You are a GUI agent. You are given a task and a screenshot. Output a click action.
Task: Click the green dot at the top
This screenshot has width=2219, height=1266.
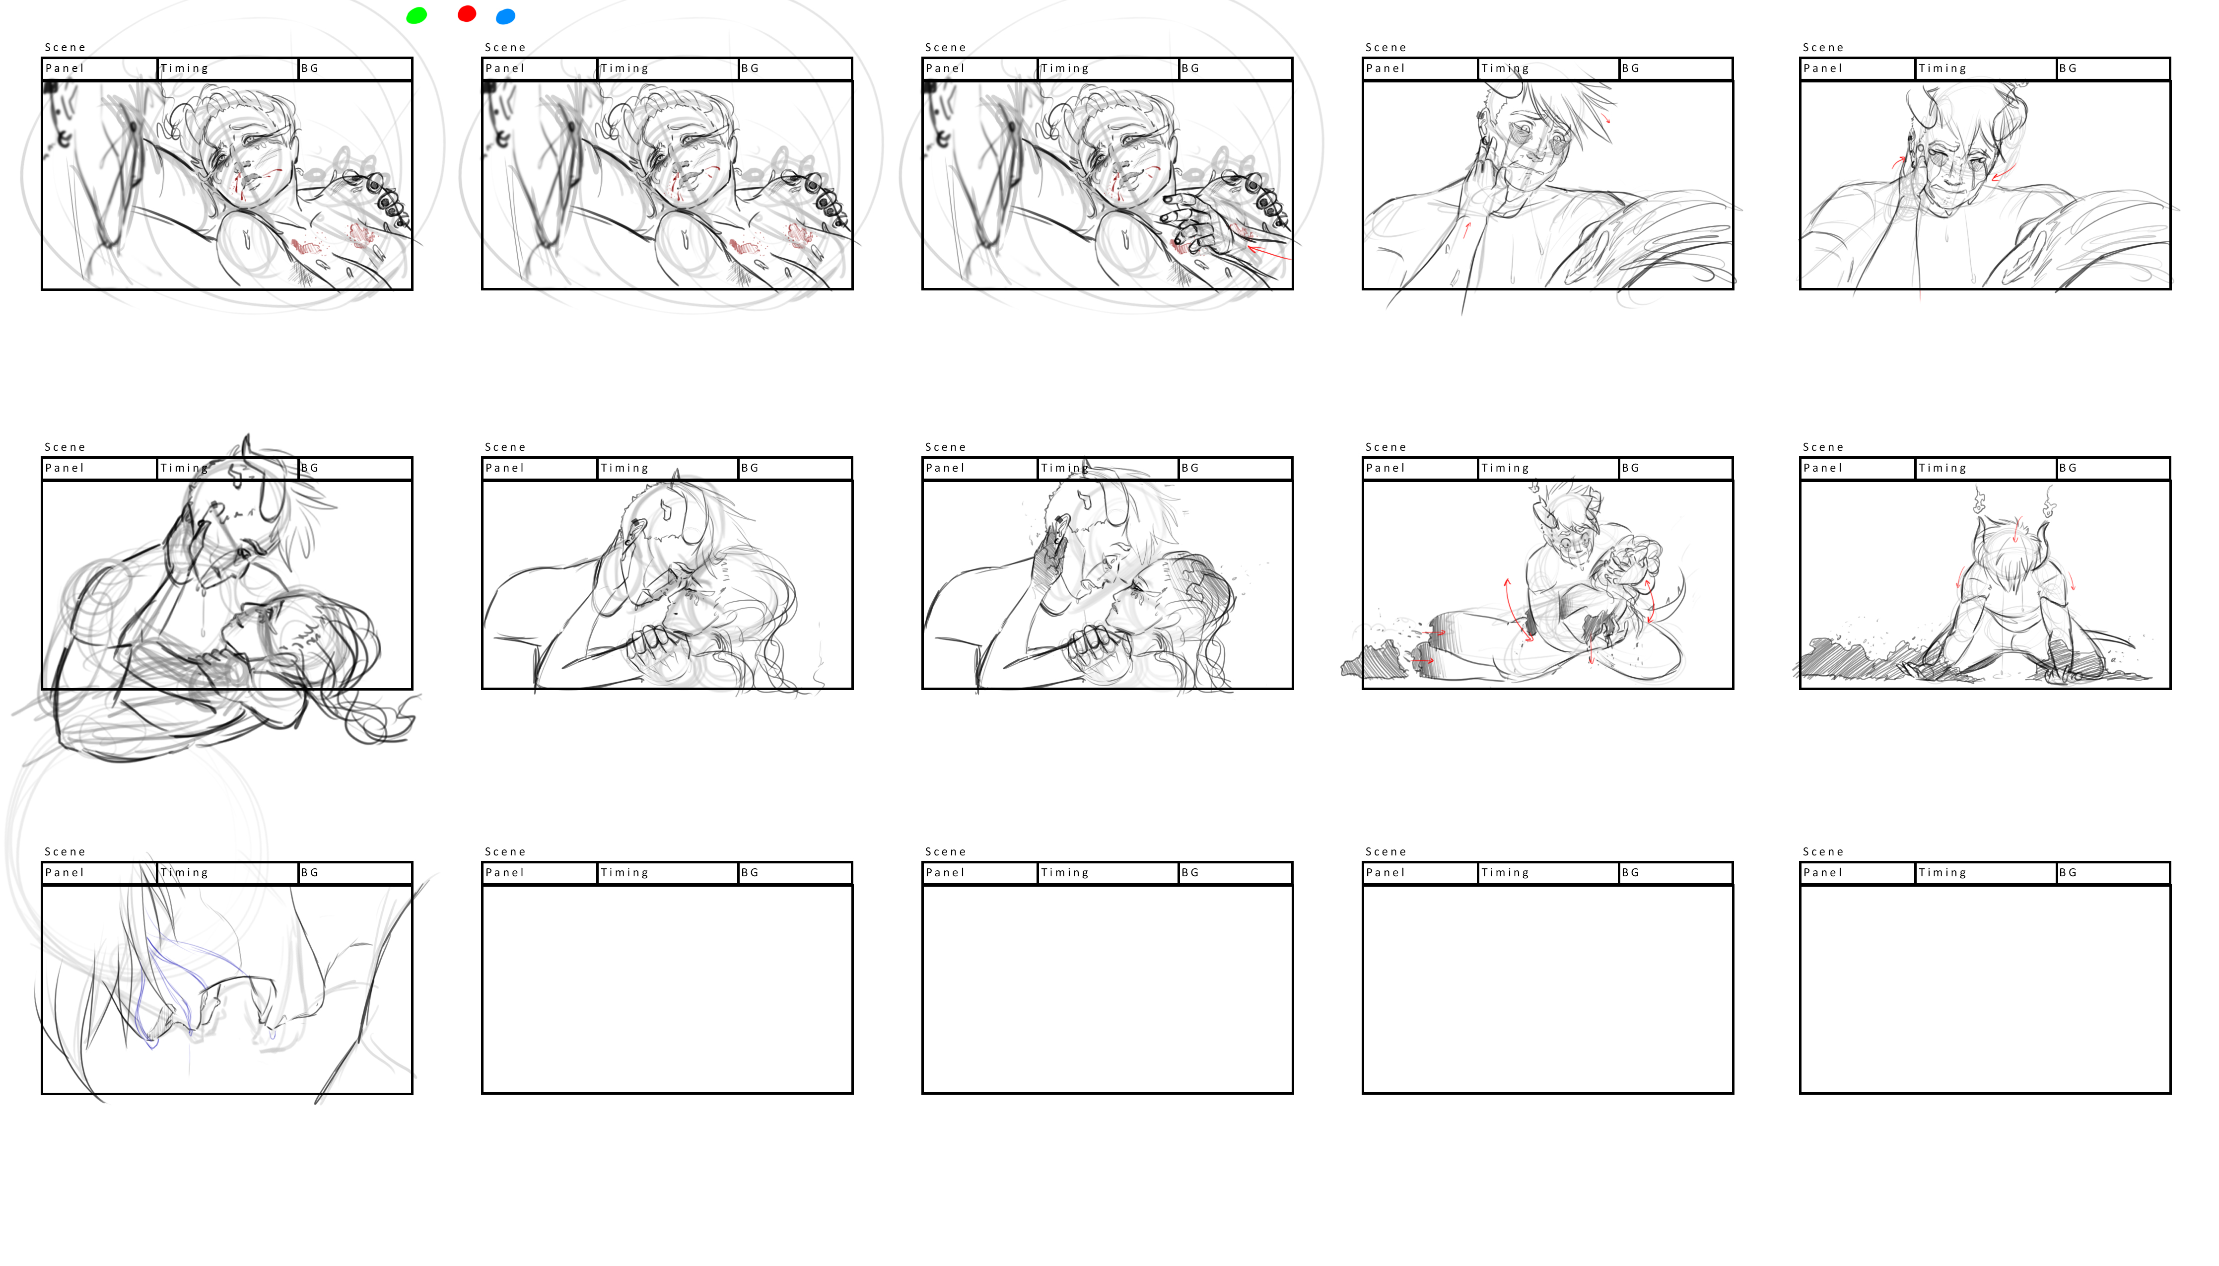coord(416,16)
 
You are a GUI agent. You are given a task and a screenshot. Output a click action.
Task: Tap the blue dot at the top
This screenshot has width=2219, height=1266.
coord(505,16)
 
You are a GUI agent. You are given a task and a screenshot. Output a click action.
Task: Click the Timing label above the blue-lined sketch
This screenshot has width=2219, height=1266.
coord(184,872)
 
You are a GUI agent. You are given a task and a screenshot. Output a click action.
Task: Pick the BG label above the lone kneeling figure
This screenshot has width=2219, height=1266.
coord(2068,468)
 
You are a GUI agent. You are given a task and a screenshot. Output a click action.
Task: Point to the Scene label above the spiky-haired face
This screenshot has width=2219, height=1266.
coord(1386,47)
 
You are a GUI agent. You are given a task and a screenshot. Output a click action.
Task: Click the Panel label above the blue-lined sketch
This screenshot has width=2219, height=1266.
coord(65,872)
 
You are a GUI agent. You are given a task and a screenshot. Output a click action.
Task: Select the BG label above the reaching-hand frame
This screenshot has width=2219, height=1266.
coord(1190,68)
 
